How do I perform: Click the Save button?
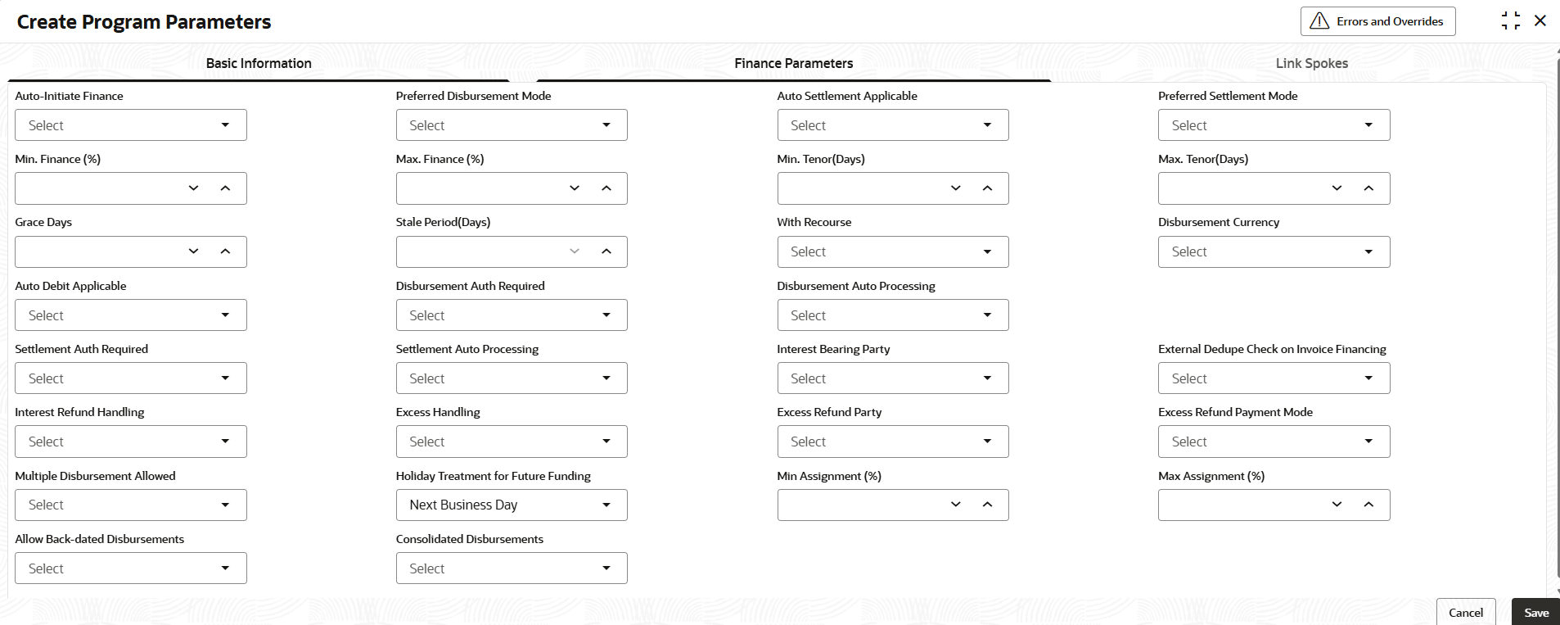pyautogui.click(x=1535, y=613)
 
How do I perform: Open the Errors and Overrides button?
pyautogui.click(x=1377, y=21)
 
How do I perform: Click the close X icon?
pyautogui.click(x=1540, y=21)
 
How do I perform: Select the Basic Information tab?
pyautogui.click(x=259, y=63)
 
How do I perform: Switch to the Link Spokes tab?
pyautogui.click(x=1311, y=63)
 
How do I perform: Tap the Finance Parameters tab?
pyautogui.click(x=793, y=63)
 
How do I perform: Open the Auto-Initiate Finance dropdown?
pyautogui.click(x=131, y=125)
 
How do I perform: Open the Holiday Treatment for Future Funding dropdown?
pyautogui.click(x=512, y=505)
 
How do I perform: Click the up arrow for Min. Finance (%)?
pyautogui.click(x=225, y=188)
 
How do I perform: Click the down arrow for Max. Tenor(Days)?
pyautogui.click(x=1337, y=188)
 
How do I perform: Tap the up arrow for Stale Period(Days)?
pyautogui.click(x=606, y=251)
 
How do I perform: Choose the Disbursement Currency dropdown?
pyautogui.click(x=1274, y=251)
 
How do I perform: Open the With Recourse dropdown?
pyautogui.click(x=892, y=251)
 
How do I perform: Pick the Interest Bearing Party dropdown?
pyautogui.click(x=892, y=378)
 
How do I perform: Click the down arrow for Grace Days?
pyautogui.click(x=193, y=251)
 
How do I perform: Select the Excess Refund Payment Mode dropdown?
pyautogui.click(x=1274, y=442)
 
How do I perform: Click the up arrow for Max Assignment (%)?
pyautogui.click(x=1368, y=505)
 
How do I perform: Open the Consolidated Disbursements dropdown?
pyautogui.click(x=512, y=568)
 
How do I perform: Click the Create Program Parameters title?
pyautogui.click(x=144, y=22)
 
